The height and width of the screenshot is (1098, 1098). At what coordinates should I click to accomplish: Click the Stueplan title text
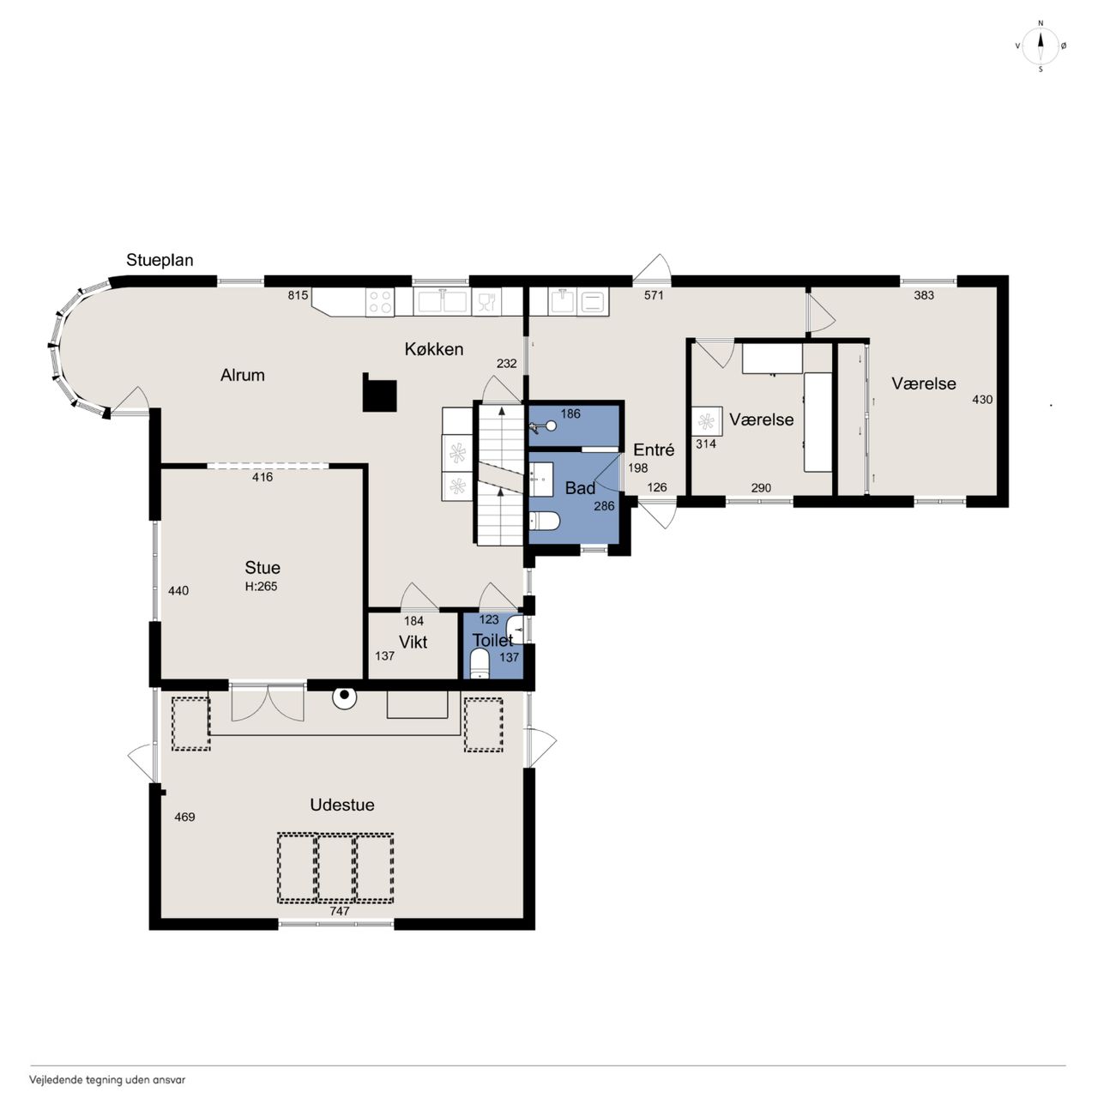coord(160,261)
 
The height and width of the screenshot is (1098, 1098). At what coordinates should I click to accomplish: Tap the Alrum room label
coord(242,375)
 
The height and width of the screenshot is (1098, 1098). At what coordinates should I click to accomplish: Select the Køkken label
coord(433,349)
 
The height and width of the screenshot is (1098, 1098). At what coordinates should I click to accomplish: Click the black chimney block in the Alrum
coord(379,392)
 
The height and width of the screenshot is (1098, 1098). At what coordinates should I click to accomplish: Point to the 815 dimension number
coord(298,295)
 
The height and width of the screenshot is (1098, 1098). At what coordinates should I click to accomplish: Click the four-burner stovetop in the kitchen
coord(380,301)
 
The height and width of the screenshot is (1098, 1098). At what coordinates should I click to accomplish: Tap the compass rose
coord(1041,46)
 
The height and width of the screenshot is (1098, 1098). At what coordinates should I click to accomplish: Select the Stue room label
coord(262,568)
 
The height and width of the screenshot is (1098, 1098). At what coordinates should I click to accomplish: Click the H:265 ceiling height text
coord(261,587)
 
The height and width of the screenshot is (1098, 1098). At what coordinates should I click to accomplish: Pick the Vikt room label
coord(413,643)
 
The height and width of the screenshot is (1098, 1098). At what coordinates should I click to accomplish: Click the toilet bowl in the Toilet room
coord(480,665)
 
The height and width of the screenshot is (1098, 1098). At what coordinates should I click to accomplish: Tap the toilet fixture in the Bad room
coord(545,521)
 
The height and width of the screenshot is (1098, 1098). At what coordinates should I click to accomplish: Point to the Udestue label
coord(342,805)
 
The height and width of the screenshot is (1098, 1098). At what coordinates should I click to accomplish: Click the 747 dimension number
coord(339,911)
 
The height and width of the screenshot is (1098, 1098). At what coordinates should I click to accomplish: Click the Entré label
coord(654,450)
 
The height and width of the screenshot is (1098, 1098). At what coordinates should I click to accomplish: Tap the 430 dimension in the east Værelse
coord(982,400)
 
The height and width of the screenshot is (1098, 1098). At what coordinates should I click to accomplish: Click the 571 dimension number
coord(654,295)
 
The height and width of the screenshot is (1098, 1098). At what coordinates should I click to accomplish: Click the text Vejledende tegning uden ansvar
coord(107,1079)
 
